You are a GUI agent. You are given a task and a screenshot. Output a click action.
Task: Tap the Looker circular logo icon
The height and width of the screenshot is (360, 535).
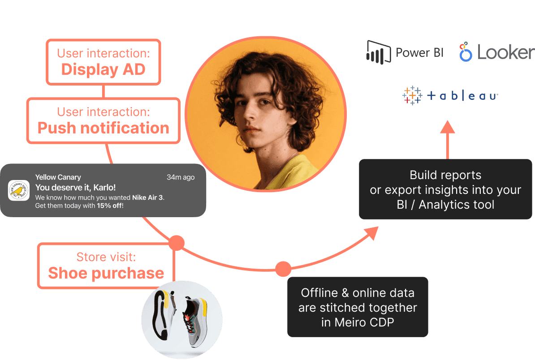(466, 52)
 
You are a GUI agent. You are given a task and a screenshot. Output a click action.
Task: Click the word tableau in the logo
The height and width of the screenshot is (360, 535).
(462, 96)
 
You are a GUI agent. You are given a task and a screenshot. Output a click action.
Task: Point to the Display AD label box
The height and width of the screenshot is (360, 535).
(104, 62)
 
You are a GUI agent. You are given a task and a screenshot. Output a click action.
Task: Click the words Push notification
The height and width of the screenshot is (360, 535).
(104, 128)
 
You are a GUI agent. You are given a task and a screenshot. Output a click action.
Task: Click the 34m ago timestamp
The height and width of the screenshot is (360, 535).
(181, 177)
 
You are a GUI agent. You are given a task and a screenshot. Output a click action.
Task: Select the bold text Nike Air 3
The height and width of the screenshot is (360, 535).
(148, 197)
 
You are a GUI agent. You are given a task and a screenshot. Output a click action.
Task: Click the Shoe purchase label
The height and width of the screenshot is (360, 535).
(106, 273)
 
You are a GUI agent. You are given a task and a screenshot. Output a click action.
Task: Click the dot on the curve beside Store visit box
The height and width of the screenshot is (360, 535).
(177, 243)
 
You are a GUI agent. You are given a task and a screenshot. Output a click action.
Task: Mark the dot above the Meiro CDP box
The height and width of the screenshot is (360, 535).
(283, 269)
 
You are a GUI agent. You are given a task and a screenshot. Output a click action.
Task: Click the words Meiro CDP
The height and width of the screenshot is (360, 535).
(358, 322)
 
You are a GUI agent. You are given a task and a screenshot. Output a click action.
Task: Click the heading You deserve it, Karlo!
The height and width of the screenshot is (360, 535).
(75, 188)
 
